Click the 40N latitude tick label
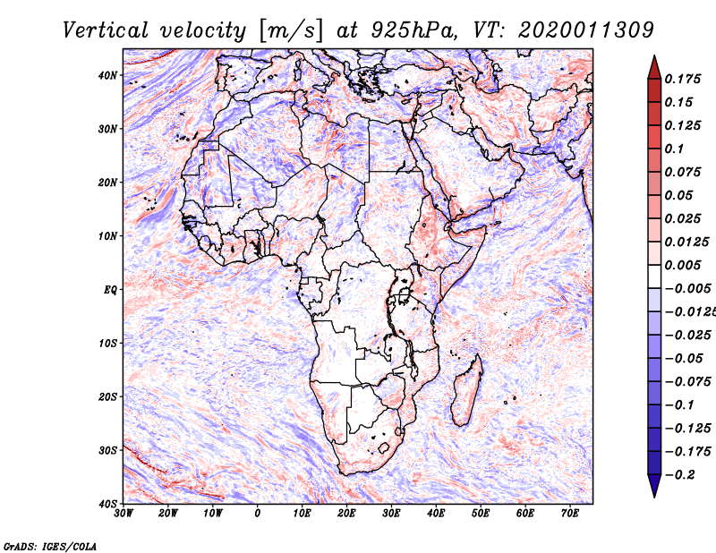(107, 75)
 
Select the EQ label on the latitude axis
(110, 290)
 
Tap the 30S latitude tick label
(107, 450)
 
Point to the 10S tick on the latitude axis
(107, 343)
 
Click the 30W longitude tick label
(124, 514)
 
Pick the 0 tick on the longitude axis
(258, 514)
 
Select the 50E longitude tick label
(481, 514)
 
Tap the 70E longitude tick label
(569, 514)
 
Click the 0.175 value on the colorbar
(683, 80)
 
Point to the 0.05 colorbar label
(679, 195)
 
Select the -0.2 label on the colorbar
(680, 475)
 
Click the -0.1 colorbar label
(680, 405)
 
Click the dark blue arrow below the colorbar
(654, 485)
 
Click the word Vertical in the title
(106, 30)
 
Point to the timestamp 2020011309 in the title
(586, 30)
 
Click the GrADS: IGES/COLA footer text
(50, 546)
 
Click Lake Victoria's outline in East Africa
(404, 295)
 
